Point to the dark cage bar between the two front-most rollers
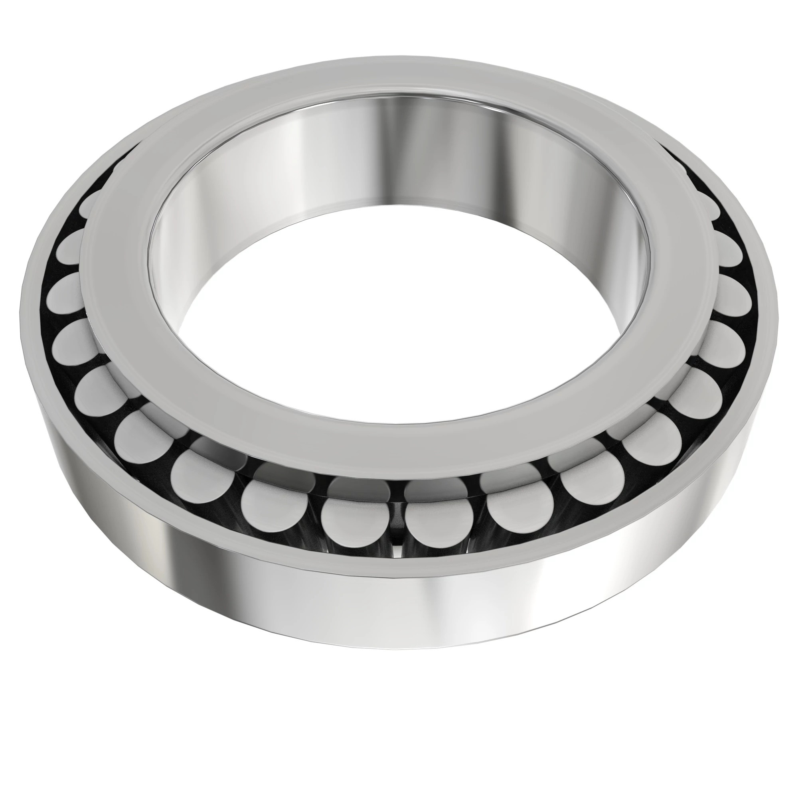pyautogui.click(x=397, y=516)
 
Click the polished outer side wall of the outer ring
pyautogui.click(x=454, y=607)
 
